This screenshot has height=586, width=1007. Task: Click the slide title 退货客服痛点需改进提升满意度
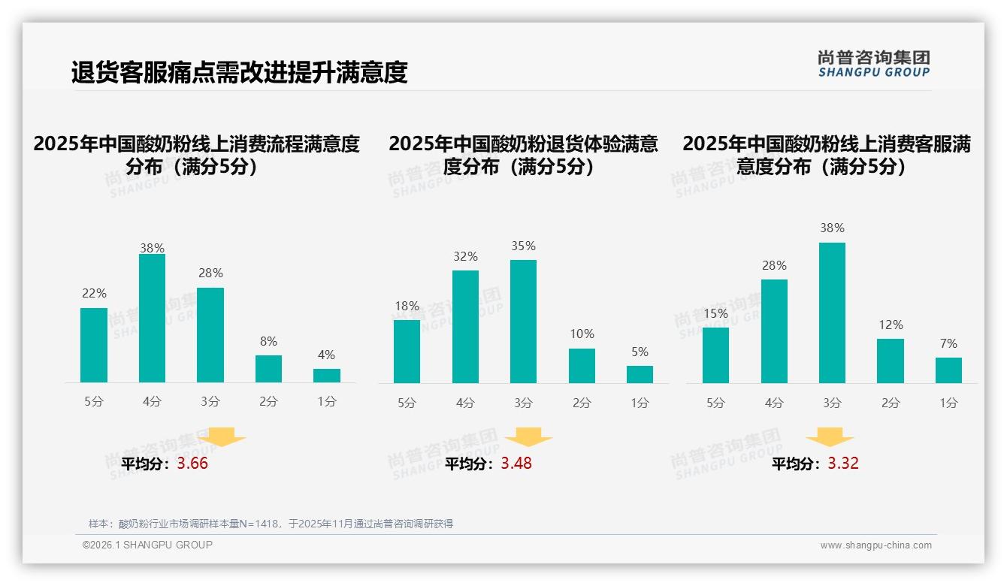tap(239, 72)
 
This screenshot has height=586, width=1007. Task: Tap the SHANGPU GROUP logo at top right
tap(874, 64)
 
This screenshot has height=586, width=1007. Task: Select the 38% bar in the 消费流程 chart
tap(152, 319)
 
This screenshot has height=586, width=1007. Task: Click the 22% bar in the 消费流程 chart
tap(94, 345)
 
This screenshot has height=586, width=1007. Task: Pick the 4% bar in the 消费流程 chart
tap(327, 376)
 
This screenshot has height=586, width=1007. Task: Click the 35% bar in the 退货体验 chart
tap(523, 322)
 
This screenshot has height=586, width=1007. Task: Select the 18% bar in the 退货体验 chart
tap(407, 352)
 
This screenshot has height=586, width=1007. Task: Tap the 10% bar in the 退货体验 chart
tap(582, 366)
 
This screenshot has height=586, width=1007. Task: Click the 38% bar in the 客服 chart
tap(832, 313)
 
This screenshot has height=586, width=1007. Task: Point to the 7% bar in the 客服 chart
tap(948, 370)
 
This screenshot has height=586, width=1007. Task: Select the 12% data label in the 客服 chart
tap(891, 325)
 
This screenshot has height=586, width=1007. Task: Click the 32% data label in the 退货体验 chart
tap(465, 257)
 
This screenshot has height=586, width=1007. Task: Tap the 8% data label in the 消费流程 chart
tap(268, 341)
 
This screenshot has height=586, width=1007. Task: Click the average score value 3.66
tap(192, 464)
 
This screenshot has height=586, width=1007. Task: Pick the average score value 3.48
tap(516, 464)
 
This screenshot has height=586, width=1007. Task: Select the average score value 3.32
tap(843, 464)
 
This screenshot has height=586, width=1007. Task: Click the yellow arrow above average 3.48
tap(528, 437)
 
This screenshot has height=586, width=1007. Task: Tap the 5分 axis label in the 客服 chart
tap(715, 403)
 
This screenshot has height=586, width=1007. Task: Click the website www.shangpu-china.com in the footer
tap(875, 545)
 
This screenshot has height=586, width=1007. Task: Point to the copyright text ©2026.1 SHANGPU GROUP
tap(147, 545)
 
